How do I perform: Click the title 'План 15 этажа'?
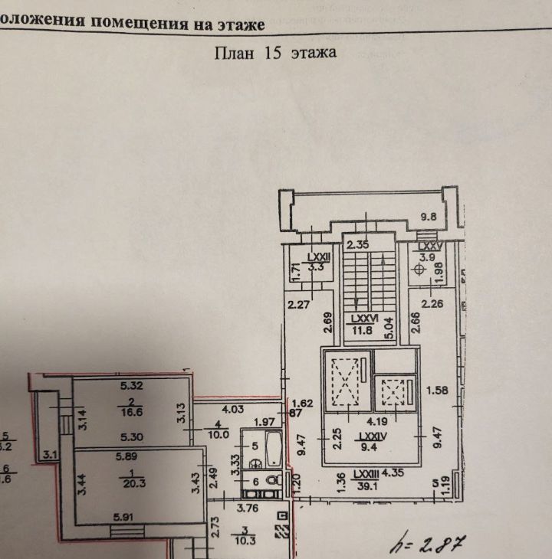point(274,53)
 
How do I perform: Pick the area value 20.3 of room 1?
point(133,482)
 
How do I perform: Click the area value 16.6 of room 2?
point(133,410)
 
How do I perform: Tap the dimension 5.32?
point(133,385)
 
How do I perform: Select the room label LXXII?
point(317,258)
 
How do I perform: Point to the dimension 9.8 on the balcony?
point(428,217)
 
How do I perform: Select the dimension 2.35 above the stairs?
point(357,246)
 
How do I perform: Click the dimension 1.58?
point(440,390)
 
